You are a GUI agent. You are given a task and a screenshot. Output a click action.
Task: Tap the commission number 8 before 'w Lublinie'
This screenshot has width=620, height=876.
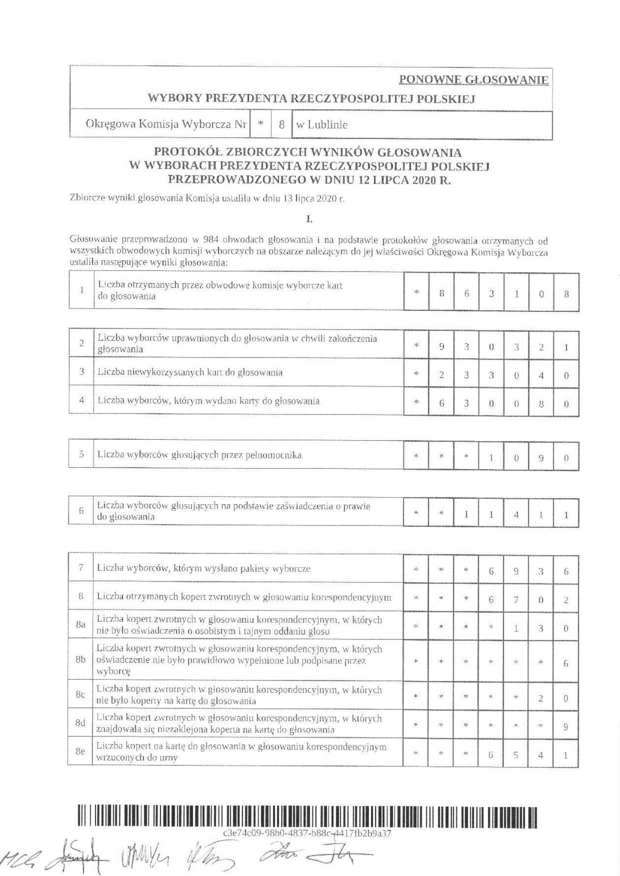tap(281, 125)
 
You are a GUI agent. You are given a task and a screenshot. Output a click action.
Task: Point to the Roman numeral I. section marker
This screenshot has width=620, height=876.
tap(310, 217)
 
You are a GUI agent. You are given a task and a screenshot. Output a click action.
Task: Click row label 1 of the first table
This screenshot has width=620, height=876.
tap(82, 290)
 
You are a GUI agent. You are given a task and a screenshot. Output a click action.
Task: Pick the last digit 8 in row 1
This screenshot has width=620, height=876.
tap(566, 295)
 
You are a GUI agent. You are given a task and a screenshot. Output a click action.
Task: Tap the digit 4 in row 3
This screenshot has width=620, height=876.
tap(541, 376)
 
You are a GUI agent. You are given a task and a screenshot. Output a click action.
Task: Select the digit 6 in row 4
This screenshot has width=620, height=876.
tap(442, 404)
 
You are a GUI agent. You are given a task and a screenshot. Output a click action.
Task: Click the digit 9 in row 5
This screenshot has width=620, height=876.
tap(541, 458)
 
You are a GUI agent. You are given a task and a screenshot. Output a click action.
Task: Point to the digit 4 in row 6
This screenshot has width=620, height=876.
tap(516, 515)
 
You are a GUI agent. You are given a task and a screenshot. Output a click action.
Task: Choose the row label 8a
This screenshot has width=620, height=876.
tap(81, 625)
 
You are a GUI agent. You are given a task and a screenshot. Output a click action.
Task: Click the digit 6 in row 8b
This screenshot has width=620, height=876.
tap(566, 663)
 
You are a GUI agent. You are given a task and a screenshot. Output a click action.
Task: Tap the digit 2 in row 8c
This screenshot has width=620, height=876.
tap(541, 697)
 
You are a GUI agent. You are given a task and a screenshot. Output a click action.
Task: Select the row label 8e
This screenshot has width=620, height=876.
tap(81, 752)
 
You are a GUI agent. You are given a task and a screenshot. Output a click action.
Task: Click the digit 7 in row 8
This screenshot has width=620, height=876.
tap(516, 600)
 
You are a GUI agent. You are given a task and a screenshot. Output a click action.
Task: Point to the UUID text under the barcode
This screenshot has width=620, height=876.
tap(307, 833)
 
